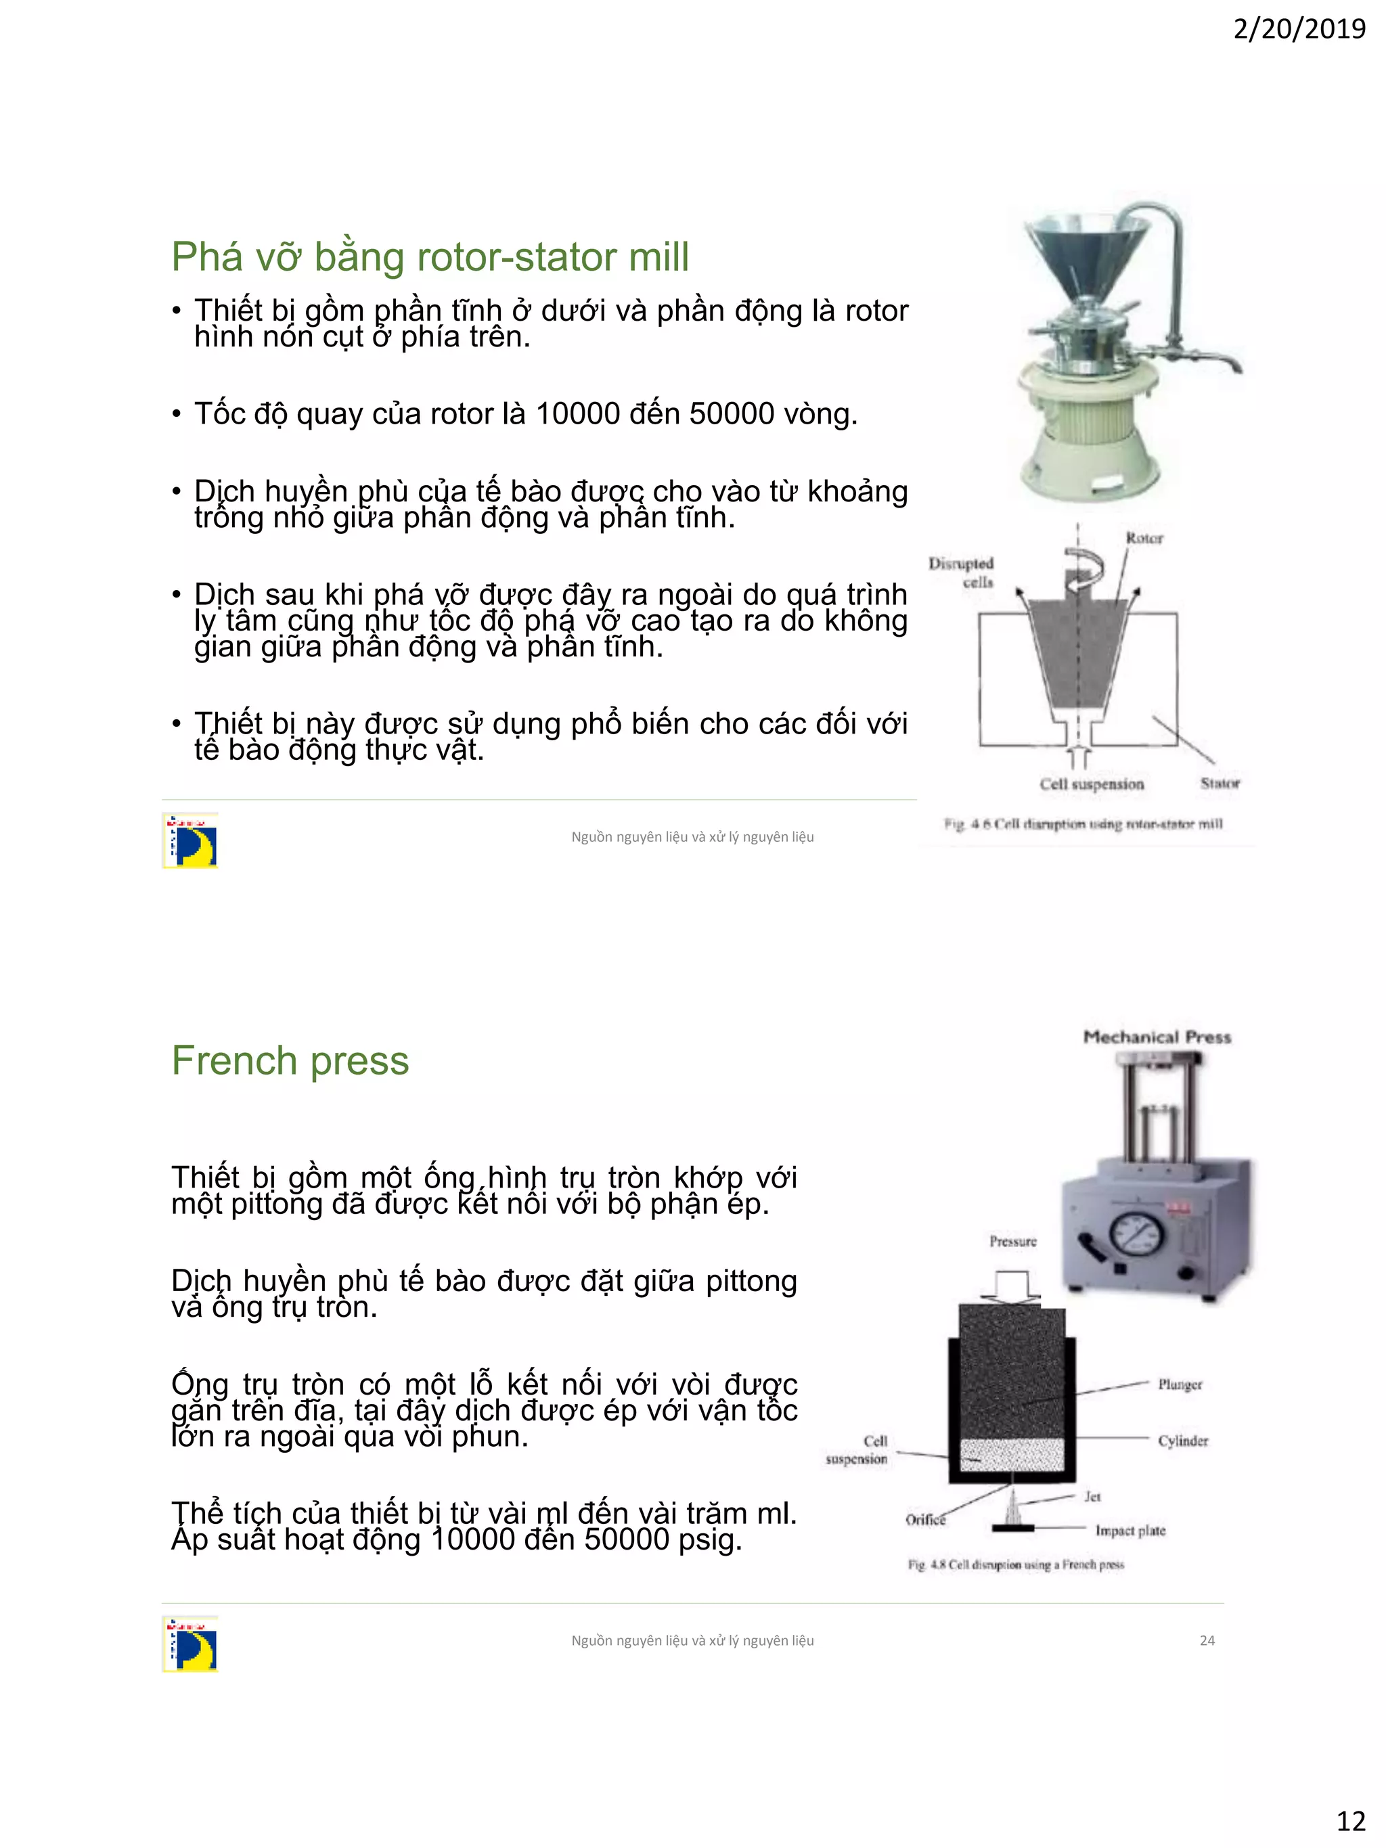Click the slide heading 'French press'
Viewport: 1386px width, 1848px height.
pyautogui.click(x=290, y=1061)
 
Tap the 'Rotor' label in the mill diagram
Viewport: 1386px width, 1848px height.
pyautogui.click(x=1144, y=538)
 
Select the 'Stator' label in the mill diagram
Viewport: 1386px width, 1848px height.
pyautogui.click(x=1220, y=783)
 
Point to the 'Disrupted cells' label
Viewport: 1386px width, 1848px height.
pyautogui.click(x=962, y=572)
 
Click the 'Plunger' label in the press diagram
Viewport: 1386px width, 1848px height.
pyautogui.click(x=1180, y=1384)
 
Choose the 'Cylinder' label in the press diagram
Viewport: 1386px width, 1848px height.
pyautogui.click(x=1183, y=1441)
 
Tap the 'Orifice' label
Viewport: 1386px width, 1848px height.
pyautogui.click(x=926, y=1520)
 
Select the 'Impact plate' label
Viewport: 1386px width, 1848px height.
pyautogui.click(x=1130, y=1531)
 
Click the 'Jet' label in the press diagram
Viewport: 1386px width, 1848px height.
pyautogui.click(x=1092, y=1496)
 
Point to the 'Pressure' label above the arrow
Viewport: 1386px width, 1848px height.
pyautogui.click(x=1012, y=1242)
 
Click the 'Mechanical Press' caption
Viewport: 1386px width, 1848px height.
pyautogui.click(x=1157, y=1037)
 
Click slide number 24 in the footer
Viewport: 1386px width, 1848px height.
pyautogui.click(x=1207, y=1640)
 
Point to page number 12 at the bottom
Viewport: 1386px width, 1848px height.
pyautogui.click(x=1350, y=1820)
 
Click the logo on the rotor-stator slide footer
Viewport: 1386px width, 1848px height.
pyautogui.click(x=190, y=840)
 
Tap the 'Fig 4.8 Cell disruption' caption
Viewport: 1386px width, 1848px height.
pyautogui.click(x=1016, y=1564)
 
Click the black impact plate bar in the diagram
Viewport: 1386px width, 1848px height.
pyautogui.click(x=1012, y=1529)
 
